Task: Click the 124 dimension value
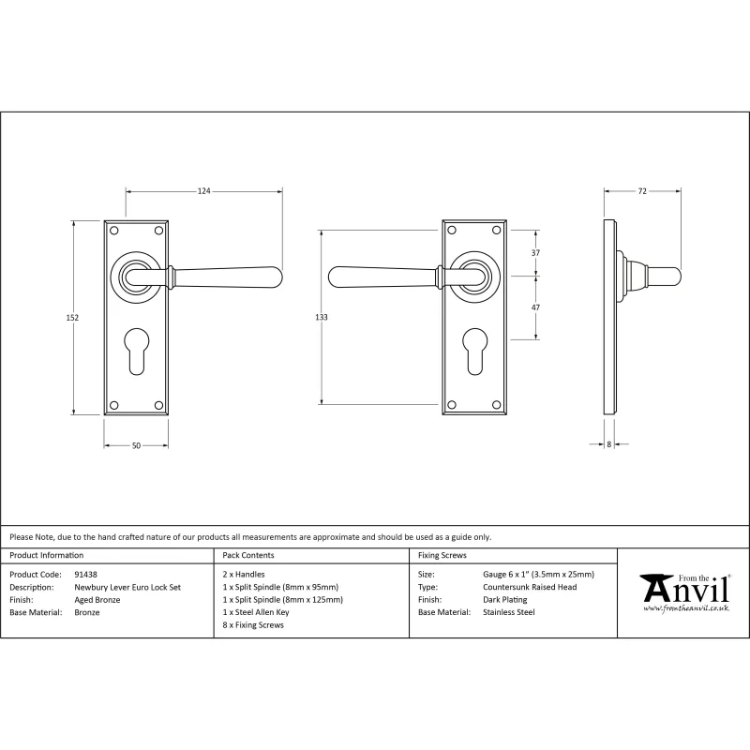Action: (203, 191)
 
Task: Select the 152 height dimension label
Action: (72, 318)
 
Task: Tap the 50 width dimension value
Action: (136, 446)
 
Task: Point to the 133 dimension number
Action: (322, 317)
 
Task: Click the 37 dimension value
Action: (535, 252)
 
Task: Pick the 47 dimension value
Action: (535, 307)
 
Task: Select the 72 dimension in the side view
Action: (642, 191)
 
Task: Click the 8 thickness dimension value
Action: (608, 444)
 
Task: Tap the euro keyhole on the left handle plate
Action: (136, 344)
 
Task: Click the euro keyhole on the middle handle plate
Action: (474, 344)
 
